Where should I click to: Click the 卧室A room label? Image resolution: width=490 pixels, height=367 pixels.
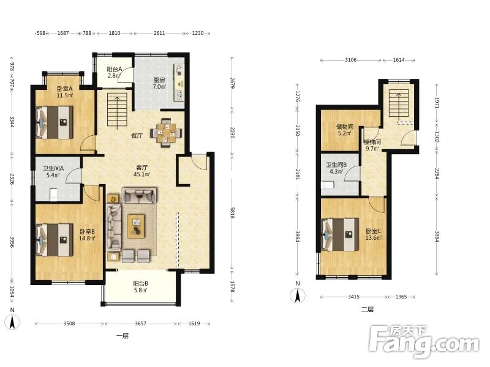tap(65, 92)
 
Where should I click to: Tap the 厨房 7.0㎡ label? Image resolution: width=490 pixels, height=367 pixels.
tap(159, 84)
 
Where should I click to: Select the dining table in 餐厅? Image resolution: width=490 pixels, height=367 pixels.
tap(166, 133)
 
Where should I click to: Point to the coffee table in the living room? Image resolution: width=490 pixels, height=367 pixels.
tap(136, 226)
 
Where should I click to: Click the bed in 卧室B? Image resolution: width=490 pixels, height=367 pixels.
tap(55, 239)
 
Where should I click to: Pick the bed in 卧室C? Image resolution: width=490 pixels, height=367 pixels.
tap(340, 235)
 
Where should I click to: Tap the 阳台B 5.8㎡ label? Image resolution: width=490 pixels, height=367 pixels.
tap(140, 287)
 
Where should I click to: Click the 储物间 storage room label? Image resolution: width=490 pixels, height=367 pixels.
tap(344, 130)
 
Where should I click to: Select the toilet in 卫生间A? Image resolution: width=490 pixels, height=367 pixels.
tap(53, 195)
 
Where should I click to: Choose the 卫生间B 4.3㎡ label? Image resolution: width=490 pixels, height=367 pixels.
tap(336, 168)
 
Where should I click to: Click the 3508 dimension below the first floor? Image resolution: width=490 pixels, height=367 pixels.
tap(69, 324)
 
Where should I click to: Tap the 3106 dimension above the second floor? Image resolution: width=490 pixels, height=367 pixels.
tap(350, 60)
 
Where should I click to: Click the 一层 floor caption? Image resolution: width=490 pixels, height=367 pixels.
tap(122, 336)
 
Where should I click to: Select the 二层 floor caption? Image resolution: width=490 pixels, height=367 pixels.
tap(367, 310)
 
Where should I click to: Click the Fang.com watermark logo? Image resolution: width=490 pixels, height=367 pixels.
tap(424, 342)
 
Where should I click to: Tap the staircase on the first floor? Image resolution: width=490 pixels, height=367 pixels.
tap(118, 110)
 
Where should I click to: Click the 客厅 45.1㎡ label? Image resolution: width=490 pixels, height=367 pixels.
tap(141, 171)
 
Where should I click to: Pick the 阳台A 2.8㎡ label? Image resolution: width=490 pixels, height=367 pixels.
tap(114, 72)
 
